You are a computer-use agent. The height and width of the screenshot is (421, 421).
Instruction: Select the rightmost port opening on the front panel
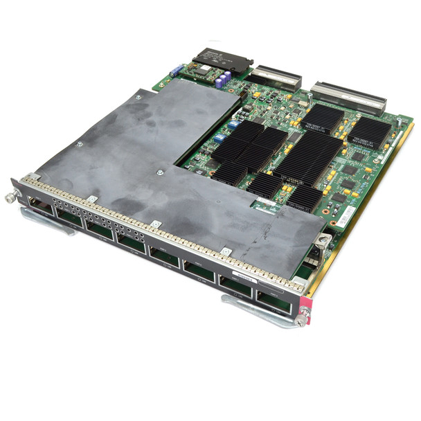coord(274,302)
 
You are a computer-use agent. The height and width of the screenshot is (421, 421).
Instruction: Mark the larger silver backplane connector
coord(348,99)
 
